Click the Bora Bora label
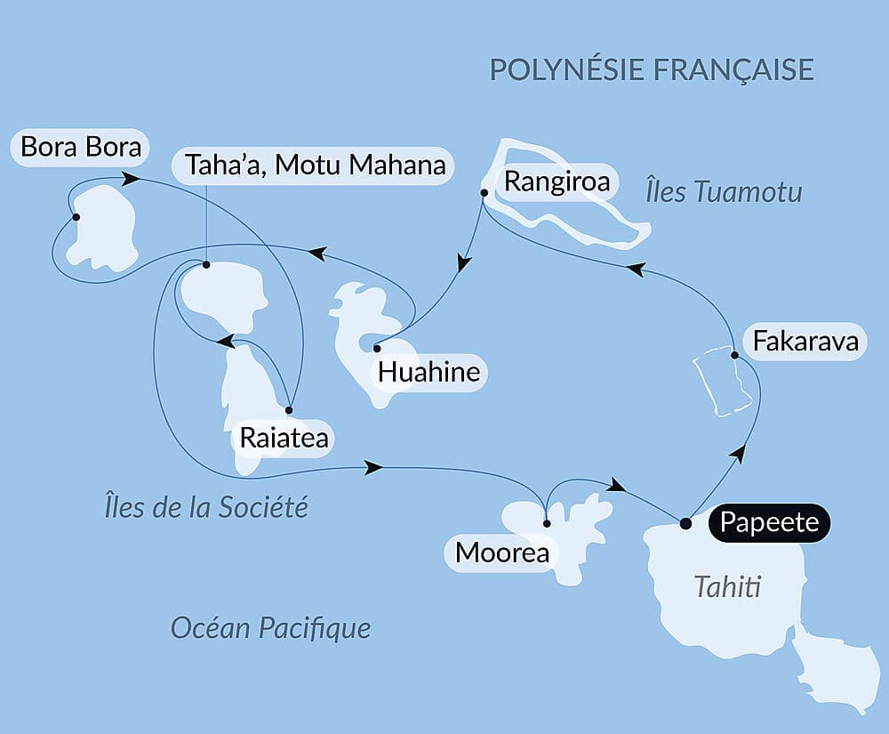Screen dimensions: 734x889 click(81, 147)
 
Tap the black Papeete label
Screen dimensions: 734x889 click(769, 522)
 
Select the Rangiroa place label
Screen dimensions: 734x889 click(557, 182)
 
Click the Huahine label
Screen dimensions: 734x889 click(428, 372)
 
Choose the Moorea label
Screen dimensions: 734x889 click(501, 553)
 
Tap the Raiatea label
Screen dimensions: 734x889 click(284, 439)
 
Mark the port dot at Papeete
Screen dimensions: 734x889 click(685, 523)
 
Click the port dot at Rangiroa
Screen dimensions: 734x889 click(484, 192)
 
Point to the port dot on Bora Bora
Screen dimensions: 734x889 click(76, 217)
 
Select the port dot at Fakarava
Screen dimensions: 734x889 click(734, 356)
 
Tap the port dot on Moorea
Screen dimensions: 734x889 click(546, 524)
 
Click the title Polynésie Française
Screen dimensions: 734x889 click(652, 69)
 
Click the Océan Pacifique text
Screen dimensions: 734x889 click(270, 629)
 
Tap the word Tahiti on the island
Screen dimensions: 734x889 click(728, 587)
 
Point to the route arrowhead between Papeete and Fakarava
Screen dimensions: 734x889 click(737, 454)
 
